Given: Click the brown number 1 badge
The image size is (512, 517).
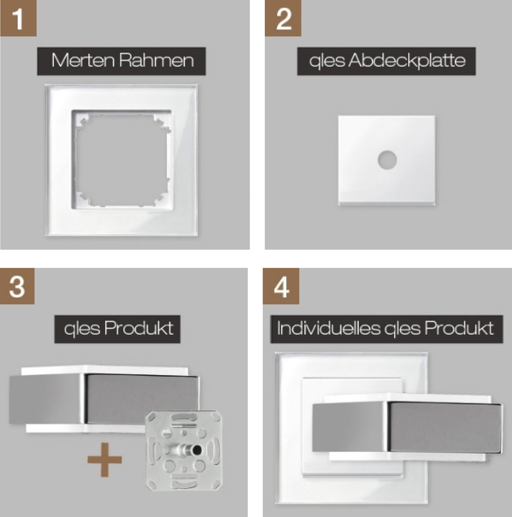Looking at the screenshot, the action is coord(18,18).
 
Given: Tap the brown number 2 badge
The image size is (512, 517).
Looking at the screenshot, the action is coord(283,18).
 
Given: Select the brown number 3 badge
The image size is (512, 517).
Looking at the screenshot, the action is coord(17,286).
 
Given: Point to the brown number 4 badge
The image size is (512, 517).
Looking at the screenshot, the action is coord(281,286).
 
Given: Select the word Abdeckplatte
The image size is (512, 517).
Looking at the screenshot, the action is coord(407,61).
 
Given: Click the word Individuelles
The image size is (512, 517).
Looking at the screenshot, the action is coord(329,328).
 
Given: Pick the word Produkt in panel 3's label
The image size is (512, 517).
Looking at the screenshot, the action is coord(139,328).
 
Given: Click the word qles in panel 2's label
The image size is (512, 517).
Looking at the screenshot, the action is coord(327,61).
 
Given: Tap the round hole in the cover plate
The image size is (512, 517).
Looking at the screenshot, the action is coord(387,159).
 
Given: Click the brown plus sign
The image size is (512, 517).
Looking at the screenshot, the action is coord(105,460).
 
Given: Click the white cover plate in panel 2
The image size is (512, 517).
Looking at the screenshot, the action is coord(387,160).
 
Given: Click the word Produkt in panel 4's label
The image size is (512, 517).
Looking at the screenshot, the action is coord(459,328).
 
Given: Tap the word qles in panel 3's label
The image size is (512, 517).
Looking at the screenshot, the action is coord(82,329).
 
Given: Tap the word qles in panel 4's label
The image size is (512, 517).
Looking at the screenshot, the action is coord(402,329).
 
